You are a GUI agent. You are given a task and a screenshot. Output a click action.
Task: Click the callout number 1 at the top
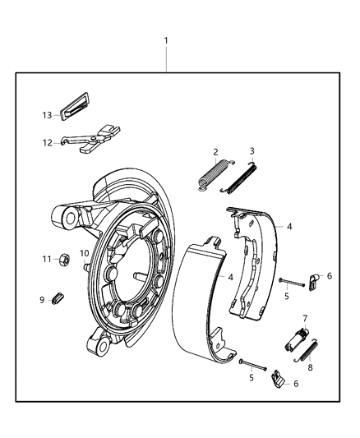tap(167, 40)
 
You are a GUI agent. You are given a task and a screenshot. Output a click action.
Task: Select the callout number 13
tap(47, 116)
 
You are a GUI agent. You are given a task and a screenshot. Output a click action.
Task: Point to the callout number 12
tap(47, 142)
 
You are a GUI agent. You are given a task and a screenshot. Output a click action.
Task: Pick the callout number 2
tap(215, 152)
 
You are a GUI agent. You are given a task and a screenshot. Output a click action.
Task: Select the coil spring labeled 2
tap(211, 176)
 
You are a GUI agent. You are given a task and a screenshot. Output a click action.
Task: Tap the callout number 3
tap(252, 151)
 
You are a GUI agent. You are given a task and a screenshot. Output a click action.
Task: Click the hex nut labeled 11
tap(70, 260)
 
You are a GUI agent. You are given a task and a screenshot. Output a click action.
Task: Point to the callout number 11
tap(48, 259)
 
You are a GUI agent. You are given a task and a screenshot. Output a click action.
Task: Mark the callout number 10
tap(84, 253)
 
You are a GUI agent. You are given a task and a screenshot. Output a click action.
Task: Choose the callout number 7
tap(304, 317)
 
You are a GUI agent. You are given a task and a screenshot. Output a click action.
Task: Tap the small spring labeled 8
tap(308, 349)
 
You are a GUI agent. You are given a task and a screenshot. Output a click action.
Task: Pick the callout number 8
tap(309, 369)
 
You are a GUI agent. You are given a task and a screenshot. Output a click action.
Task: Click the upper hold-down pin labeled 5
tap(291, 284)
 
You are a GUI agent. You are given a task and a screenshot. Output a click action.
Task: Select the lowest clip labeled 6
tap(279, 379)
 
